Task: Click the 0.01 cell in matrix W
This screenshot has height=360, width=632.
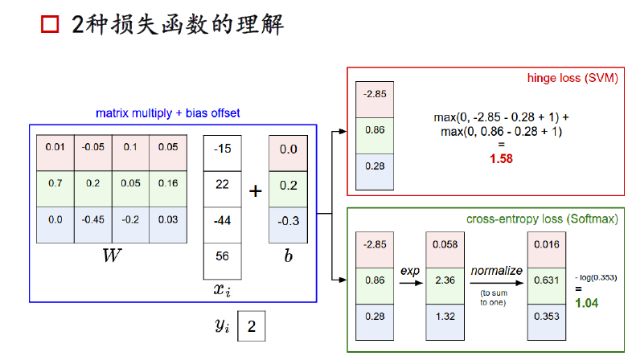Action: pos(55,148)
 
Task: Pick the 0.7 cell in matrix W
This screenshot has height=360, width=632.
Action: pos(55,184)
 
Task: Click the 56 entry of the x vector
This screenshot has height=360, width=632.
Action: pos(223,257)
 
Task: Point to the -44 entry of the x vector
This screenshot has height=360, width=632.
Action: pos(223,221)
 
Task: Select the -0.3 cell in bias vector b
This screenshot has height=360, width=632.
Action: pos(289,221)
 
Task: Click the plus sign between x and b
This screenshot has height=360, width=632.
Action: pos(256,191)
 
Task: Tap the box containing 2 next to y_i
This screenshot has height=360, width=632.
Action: pos(251,327)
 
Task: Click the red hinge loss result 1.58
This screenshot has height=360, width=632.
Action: pos(501,159)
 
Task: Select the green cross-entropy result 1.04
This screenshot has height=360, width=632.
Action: pos(586,303)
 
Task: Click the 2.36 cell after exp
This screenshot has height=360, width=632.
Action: pos(444,281)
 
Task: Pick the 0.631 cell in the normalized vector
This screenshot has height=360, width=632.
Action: pos(546,281)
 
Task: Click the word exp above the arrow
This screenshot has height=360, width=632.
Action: pos(410,272)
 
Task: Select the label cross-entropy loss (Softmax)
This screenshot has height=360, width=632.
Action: pos(542,219)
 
